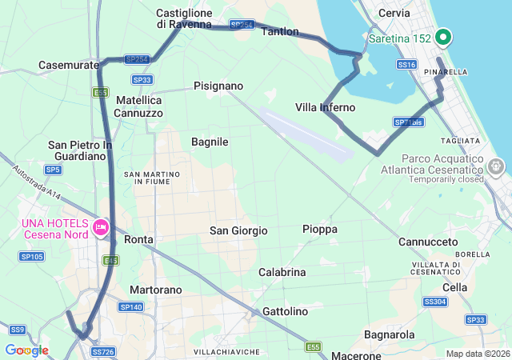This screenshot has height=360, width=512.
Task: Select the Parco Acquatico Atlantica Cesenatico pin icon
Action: [x=496, y=166]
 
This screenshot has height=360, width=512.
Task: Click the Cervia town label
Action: [x=394, y=13]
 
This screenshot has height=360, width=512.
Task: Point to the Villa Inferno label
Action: [x=325, y=107]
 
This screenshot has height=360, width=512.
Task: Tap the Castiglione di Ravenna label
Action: [x=183, y=18]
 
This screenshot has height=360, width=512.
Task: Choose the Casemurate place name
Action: [x=68, y=65]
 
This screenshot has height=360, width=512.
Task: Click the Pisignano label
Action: [x=218, y=86]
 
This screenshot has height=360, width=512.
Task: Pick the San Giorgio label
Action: [x=238, y=230]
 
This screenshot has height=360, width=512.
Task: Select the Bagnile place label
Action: [x=210, y=142]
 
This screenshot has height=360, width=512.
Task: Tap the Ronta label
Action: [x=139, y=239]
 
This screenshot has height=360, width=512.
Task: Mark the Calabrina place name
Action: [x=282, y=272]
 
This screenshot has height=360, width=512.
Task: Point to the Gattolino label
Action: [x=284, y=311]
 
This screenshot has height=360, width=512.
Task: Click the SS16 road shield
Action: [x=406, y=64]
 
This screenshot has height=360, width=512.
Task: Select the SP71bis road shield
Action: [x=408, y=122]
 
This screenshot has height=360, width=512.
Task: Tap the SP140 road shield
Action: [x=130, y=307]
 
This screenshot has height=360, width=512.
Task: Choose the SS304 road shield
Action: [x=434, y=302]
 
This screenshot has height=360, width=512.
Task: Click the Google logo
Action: [x=26, y=350]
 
